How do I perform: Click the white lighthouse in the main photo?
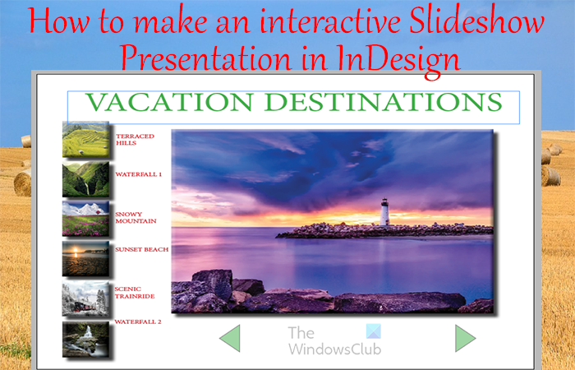point(384,211)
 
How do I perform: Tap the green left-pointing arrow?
point(231,338)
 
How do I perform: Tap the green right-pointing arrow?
point(465,338)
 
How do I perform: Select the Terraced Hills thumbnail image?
point(85,139)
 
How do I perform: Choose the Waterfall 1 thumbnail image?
point(85,178)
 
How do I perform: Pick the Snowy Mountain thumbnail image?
point(85,218)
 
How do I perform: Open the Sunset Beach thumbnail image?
point(85,258)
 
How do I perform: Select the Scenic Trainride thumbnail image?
point(85,298)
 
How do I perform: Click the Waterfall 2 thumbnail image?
point(85,338)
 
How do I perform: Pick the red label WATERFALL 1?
point(138,174)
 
